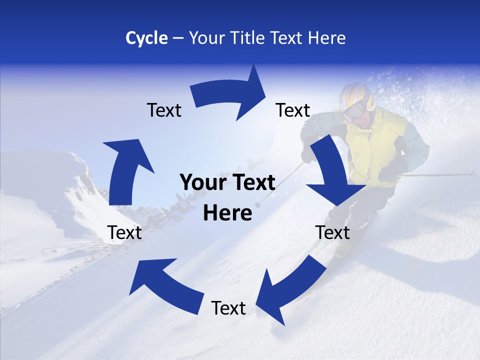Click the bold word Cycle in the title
[x=146, y=38]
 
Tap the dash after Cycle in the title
[x=178, y=38]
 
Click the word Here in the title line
[x=325, y=38]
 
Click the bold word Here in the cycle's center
[x=227, y=213]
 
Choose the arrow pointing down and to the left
[x=290, y=289]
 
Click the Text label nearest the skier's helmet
[x=293, y=110]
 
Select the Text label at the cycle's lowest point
[x=228, y=308]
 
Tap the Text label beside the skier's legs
[x=332, y=232]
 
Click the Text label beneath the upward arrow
[x=124, y=232]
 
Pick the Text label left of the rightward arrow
[x=164, y=110]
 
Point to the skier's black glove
[x=390, y=172]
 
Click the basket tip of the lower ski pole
[x=258, y=204]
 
